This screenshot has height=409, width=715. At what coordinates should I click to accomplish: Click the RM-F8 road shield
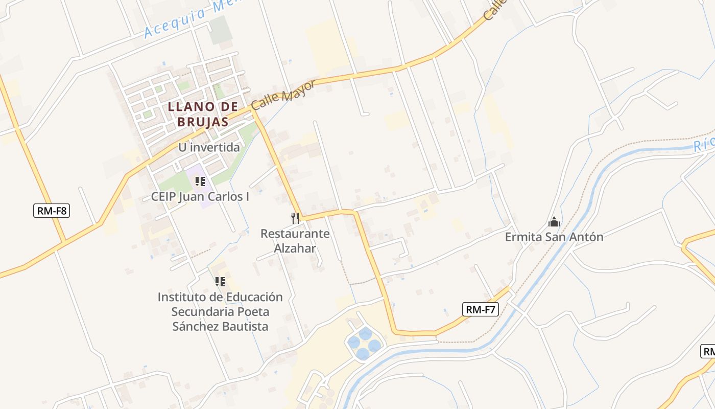(x=52, y=210)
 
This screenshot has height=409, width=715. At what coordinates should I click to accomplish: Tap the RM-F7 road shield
(x=480, y=309)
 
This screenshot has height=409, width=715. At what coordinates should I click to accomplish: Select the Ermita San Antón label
(x=554, y=237)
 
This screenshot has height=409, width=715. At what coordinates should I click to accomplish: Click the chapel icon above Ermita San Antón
(x=554, y=222)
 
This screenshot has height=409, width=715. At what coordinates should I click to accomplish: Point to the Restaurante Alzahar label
(x=295, y=241)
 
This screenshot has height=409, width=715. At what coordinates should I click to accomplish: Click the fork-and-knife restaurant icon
(x=295, y=218)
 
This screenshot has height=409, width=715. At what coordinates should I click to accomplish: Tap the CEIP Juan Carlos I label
(x=200, y=196)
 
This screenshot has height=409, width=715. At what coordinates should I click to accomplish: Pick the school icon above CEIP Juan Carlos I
(x=200, y=181)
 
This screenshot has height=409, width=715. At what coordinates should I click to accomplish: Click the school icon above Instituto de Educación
(x=220, y=282)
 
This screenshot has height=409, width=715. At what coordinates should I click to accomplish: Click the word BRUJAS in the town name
(x=203, y=122)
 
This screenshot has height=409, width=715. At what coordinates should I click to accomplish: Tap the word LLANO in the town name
(x=189, y=107)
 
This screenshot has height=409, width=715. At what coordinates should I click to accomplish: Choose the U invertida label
(x=209, y=147)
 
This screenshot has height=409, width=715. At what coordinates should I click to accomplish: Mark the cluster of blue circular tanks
(x=365, y=343)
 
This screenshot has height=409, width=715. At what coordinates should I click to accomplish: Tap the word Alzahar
(x=295, y=248)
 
